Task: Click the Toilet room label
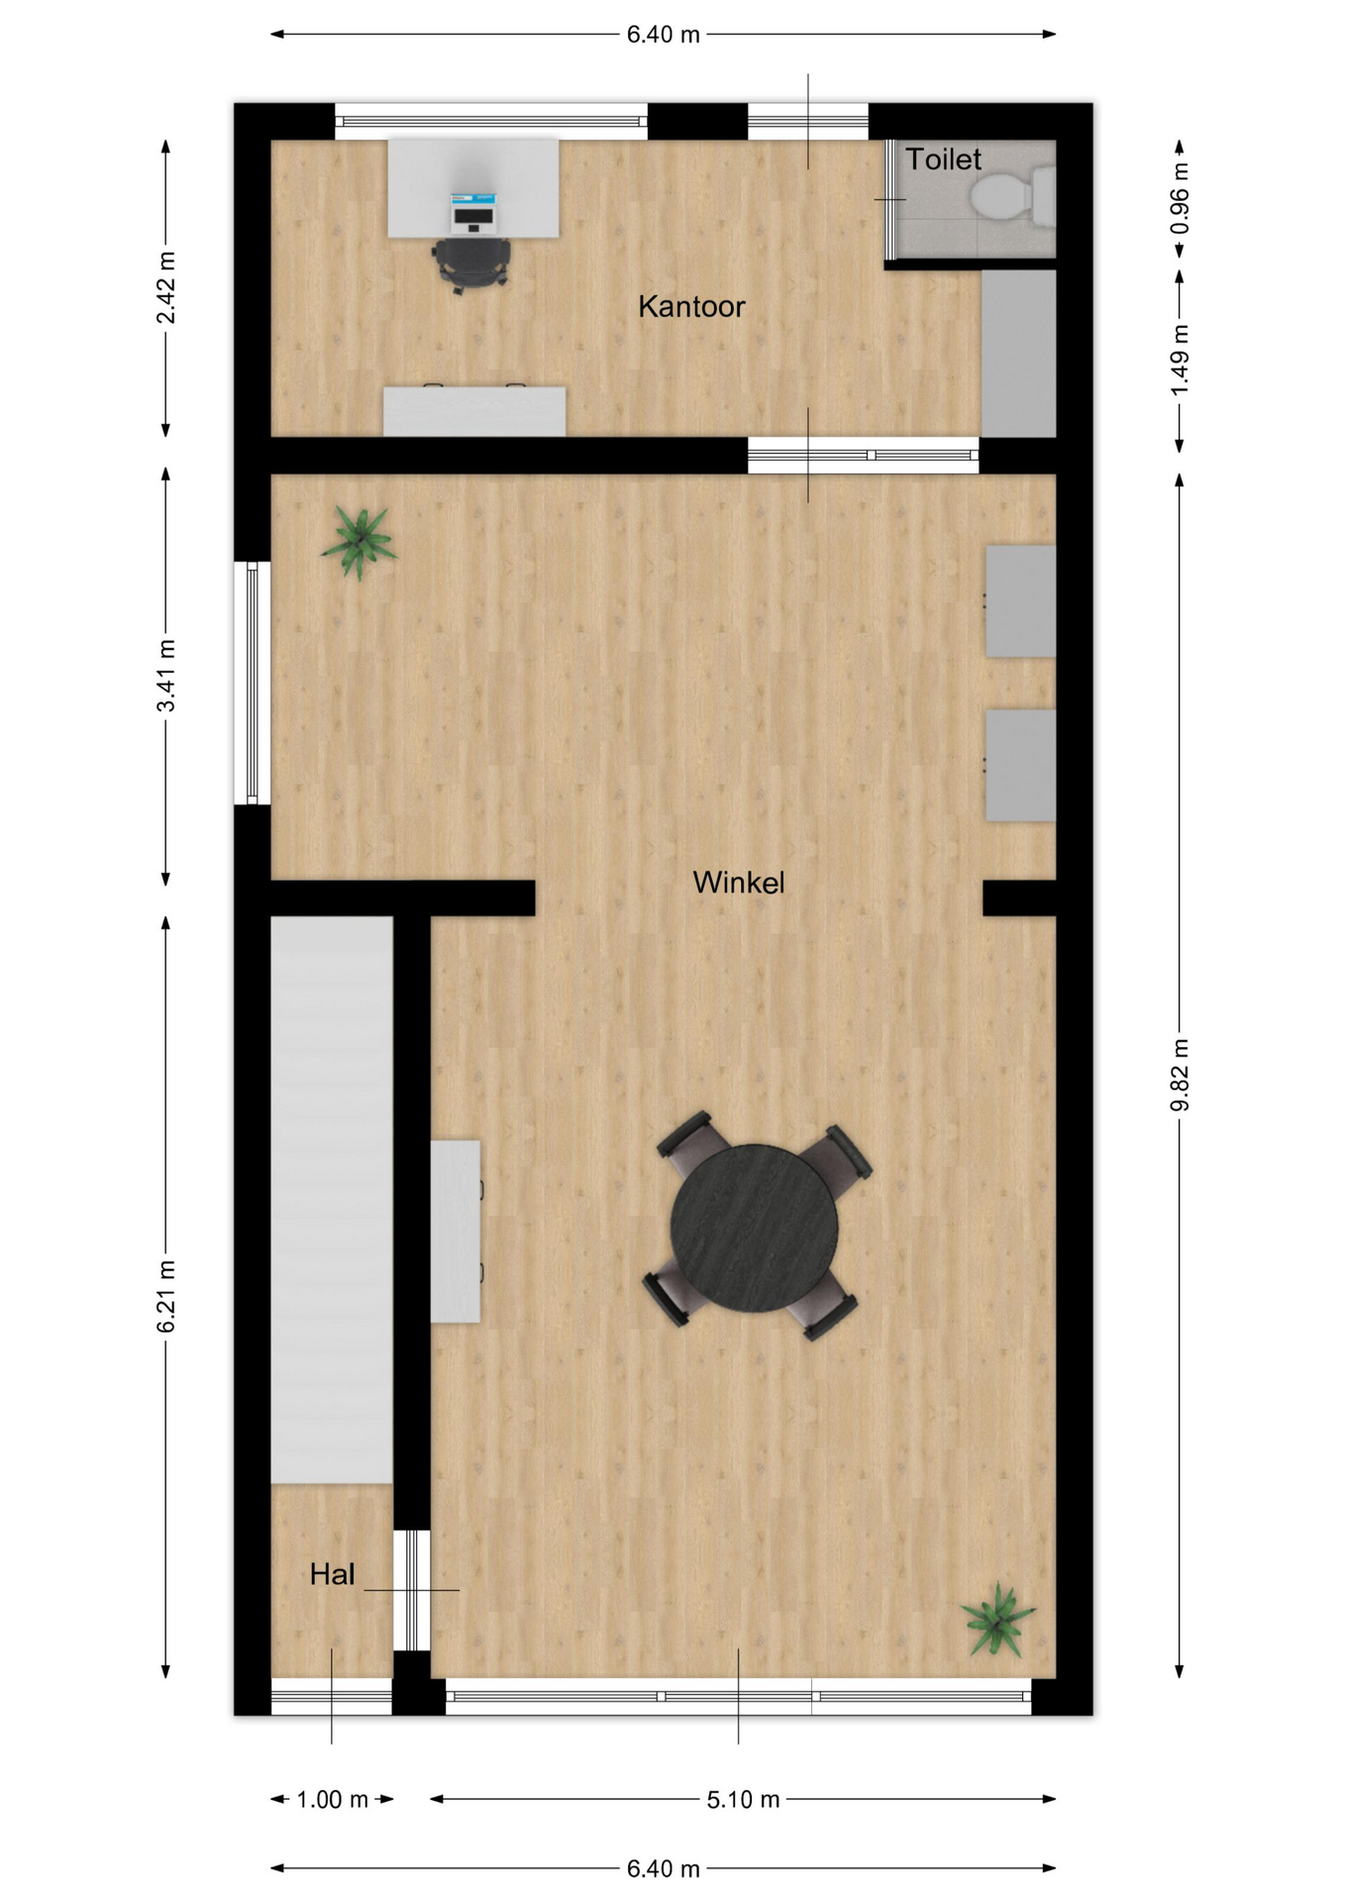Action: [943, 159]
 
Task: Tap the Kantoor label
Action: [691, 307]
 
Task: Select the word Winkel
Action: [739, 883]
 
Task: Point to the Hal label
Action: [332, 1574]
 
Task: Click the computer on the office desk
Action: [472, 211]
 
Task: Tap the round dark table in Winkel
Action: [755, 1228]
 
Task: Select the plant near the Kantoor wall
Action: [359, 541]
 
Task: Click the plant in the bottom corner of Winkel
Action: [998, 1619]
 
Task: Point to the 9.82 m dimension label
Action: [1180, 1075]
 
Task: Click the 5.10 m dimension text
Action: [743, 1799]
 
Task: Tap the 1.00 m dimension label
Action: [333, 1799]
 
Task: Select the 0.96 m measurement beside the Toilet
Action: [1180, 198]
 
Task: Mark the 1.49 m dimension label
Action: [1180, 360]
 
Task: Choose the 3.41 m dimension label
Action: [166, 676]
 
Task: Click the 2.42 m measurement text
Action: [166, 287]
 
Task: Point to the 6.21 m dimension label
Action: [166, 1297]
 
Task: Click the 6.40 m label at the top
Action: [664, 35]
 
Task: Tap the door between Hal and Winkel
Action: [412, 1590]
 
